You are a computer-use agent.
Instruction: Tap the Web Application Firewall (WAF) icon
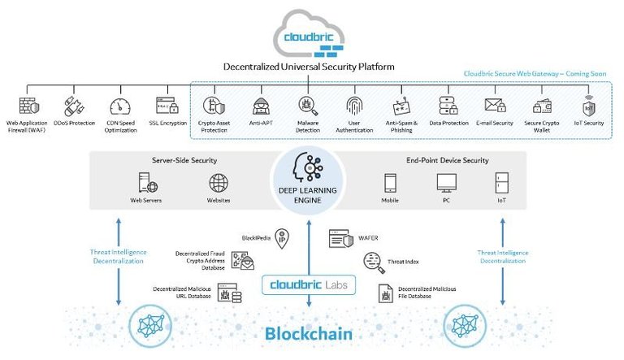(x=28, y=106)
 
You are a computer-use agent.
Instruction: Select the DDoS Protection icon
(x=74, y=106)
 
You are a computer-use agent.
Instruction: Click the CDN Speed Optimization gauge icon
(x=119, y=106)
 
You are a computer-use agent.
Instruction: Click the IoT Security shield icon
(x=589, y=106)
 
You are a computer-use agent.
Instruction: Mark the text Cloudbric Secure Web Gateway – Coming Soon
(x=535, y=73)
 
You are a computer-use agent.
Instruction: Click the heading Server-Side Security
(x=184, y=160)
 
